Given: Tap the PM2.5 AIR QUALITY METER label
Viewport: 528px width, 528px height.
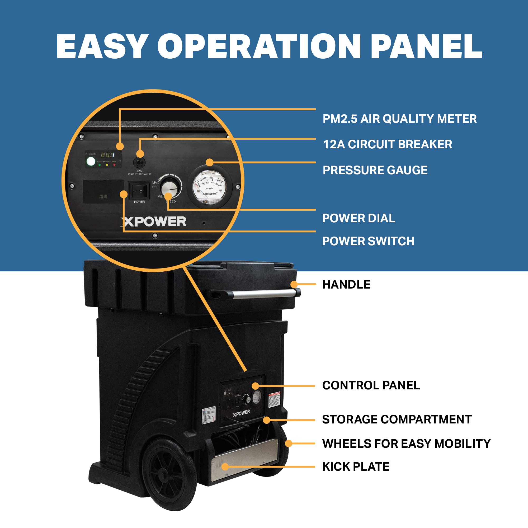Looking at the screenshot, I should (399, 119).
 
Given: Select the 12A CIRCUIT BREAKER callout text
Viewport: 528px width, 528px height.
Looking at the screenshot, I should (387, 144).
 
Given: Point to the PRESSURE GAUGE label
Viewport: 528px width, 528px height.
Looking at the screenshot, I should (375, 170).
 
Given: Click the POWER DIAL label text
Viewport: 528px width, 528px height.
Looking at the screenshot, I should (359, 218).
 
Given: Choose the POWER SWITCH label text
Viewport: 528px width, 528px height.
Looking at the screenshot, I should (368, 241).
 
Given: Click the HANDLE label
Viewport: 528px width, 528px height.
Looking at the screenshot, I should (346, 285).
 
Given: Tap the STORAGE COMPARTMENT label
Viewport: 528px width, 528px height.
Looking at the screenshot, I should (397, 419).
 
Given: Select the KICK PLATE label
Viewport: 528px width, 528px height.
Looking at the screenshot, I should (356, 466).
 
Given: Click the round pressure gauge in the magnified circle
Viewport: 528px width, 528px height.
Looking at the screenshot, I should (210, 186).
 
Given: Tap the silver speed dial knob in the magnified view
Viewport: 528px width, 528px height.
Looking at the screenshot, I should (170, 188).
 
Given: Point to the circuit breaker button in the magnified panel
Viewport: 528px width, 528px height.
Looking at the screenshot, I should (139, 163).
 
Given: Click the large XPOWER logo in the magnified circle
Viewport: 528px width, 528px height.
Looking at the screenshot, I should (154, 221).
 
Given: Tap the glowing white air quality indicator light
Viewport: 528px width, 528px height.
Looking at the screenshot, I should (91, 161).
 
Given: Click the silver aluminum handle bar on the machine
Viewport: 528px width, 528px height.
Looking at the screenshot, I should (264, 294).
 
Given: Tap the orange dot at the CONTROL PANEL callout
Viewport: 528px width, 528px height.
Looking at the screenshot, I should (255, 386).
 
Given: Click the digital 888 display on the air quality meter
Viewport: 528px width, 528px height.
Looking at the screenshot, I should (108, 155).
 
